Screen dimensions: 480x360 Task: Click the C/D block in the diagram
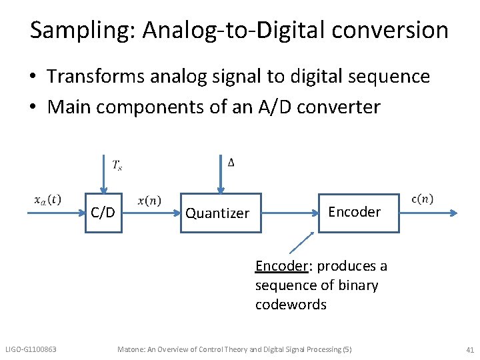[103, 213]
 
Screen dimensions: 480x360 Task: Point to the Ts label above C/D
[117, 165]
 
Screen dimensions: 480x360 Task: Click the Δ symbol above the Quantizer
[231, 163]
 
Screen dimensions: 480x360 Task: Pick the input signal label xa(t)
[48, 199]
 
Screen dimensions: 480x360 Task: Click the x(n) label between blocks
[149, 201]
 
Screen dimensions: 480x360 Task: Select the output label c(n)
[422, 199]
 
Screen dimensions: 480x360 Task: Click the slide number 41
[469, 349]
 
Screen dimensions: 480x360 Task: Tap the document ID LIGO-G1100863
[31, 349]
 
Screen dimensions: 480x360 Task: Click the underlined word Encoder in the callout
[281, 266]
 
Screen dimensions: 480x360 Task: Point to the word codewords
[291, 305]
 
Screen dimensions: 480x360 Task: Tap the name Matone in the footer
[131, 349]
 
